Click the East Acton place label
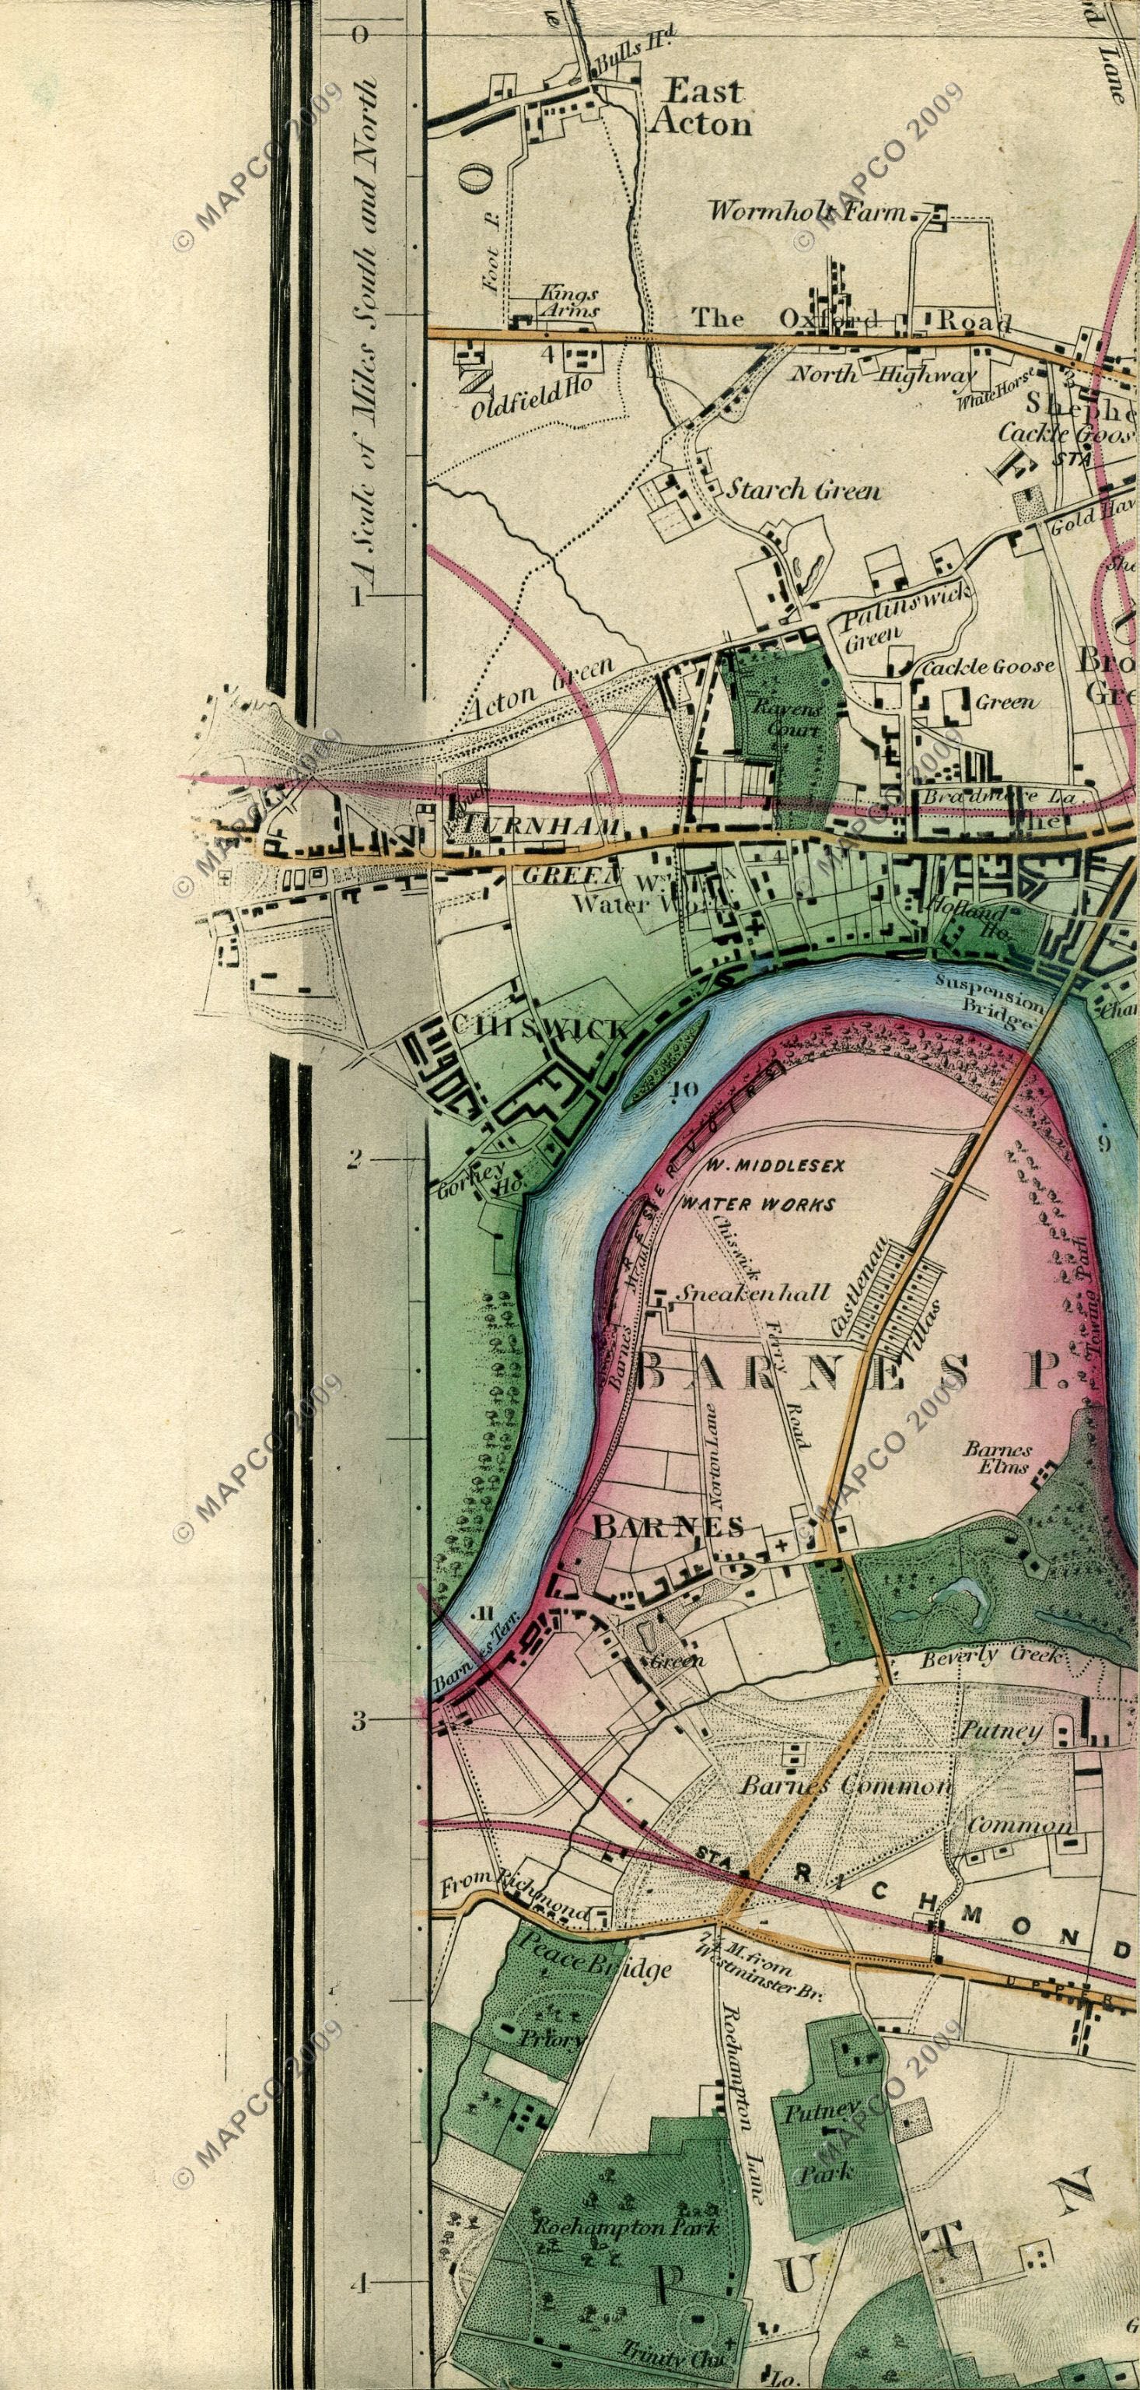[698, 107]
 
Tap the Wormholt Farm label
[808, 212]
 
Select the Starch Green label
[803, 490]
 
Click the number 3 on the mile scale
[357, 1721]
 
